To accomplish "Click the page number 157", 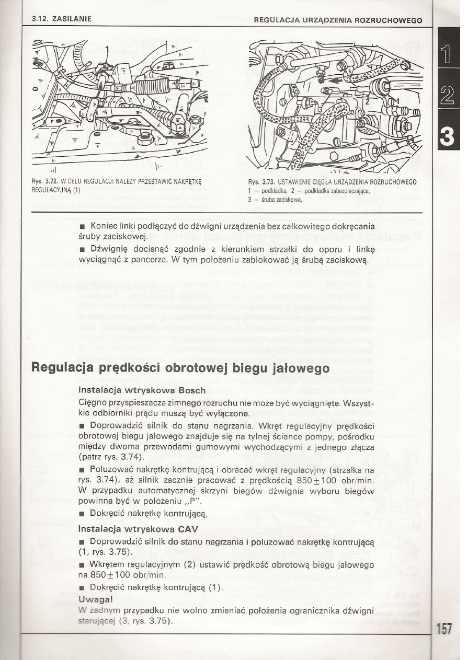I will coord(445,629).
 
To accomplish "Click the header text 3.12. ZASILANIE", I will coord(61,19).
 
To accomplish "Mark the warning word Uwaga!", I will coord(96,598).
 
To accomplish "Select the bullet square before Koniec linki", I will coord(82,226).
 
